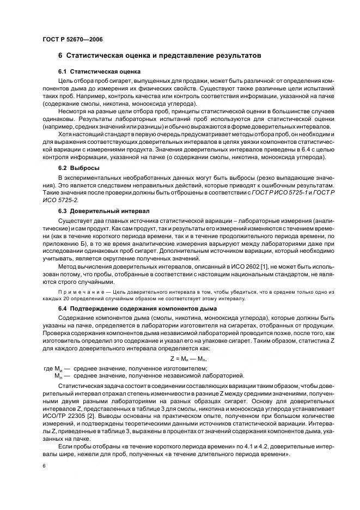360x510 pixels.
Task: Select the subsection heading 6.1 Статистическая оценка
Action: coord(99,72)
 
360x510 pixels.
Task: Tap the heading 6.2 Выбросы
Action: coord(78,169)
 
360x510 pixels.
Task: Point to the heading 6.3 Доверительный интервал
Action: coord(100,210)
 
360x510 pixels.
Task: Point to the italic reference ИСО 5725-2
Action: coord(58,200)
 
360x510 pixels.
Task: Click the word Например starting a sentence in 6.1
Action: coord(83,95)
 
